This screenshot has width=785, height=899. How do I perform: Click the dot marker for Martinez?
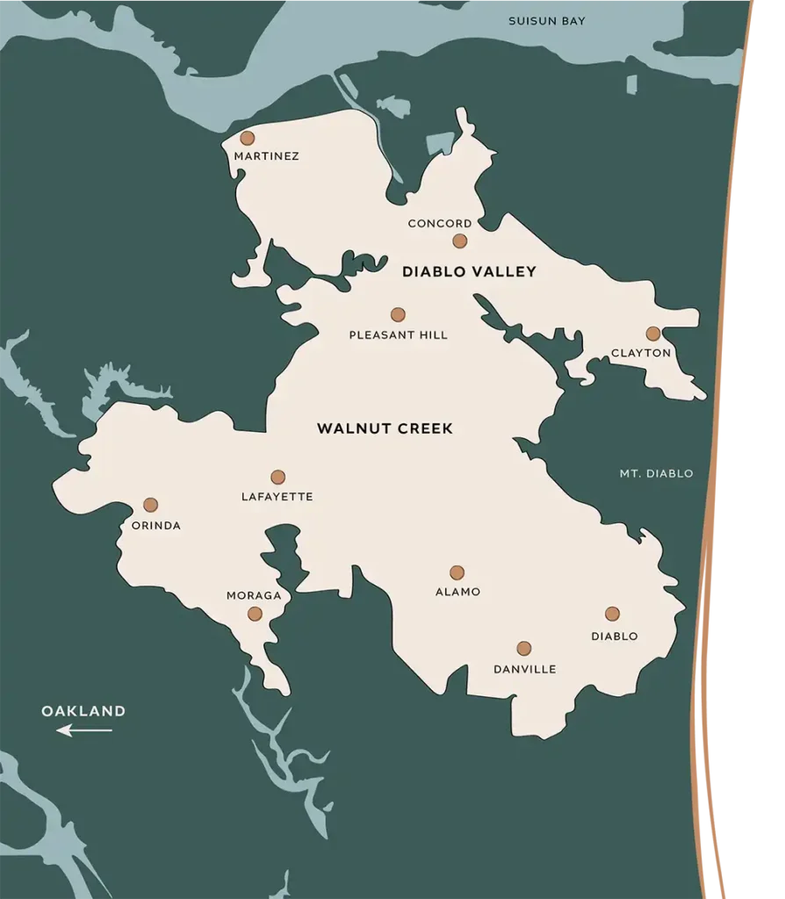248,138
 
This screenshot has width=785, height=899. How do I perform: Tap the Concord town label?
440,224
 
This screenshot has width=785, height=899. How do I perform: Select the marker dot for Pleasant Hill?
398,314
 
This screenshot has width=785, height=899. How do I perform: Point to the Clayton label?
641,353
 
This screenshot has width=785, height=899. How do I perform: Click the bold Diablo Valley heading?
469,272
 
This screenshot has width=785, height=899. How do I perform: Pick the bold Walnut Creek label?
385,429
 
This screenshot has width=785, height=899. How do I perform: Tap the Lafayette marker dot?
277,477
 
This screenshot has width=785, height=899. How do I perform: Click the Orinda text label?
155,526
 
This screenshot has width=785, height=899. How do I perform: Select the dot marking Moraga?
255,614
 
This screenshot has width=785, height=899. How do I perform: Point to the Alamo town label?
458,592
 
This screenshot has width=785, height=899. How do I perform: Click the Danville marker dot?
524,649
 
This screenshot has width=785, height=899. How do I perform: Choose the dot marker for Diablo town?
612,614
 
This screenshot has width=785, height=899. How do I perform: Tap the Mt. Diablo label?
656,473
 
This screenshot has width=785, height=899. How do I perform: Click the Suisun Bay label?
547,20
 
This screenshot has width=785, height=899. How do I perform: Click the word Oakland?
83,711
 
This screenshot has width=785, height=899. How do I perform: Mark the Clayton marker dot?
652,334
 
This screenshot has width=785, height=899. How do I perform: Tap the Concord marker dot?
460,241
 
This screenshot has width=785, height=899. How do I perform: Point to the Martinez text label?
266,156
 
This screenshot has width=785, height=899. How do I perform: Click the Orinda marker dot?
150,505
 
